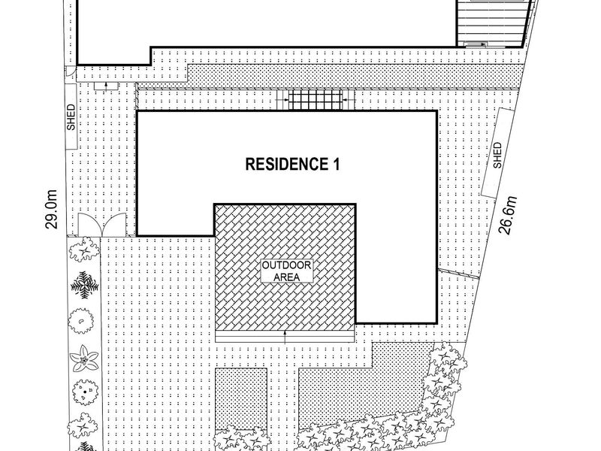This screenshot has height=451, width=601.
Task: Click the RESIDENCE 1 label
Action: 292,164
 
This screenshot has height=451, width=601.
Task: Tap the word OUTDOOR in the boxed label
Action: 287,265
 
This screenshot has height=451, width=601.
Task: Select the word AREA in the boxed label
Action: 287,277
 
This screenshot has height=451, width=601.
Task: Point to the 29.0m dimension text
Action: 51,210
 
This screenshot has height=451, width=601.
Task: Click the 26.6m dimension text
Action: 508,215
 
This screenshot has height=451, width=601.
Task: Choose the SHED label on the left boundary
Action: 71,117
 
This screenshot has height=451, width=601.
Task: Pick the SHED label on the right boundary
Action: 497,155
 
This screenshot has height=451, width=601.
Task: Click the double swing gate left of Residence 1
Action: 102,225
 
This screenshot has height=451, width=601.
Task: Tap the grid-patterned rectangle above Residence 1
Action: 315,100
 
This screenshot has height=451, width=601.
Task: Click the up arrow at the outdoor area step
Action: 285,335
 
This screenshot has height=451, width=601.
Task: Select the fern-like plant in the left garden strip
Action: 84,285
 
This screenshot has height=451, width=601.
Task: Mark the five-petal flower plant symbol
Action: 84,359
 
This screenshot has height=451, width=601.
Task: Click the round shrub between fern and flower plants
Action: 81,321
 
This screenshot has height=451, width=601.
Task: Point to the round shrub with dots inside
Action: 85,392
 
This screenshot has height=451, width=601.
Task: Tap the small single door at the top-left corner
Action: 70,71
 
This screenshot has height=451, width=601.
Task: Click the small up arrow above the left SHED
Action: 106,85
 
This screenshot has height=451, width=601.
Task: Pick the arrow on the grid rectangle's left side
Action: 283,100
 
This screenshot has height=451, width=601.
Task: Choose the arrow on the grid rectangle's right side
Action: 348,100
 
